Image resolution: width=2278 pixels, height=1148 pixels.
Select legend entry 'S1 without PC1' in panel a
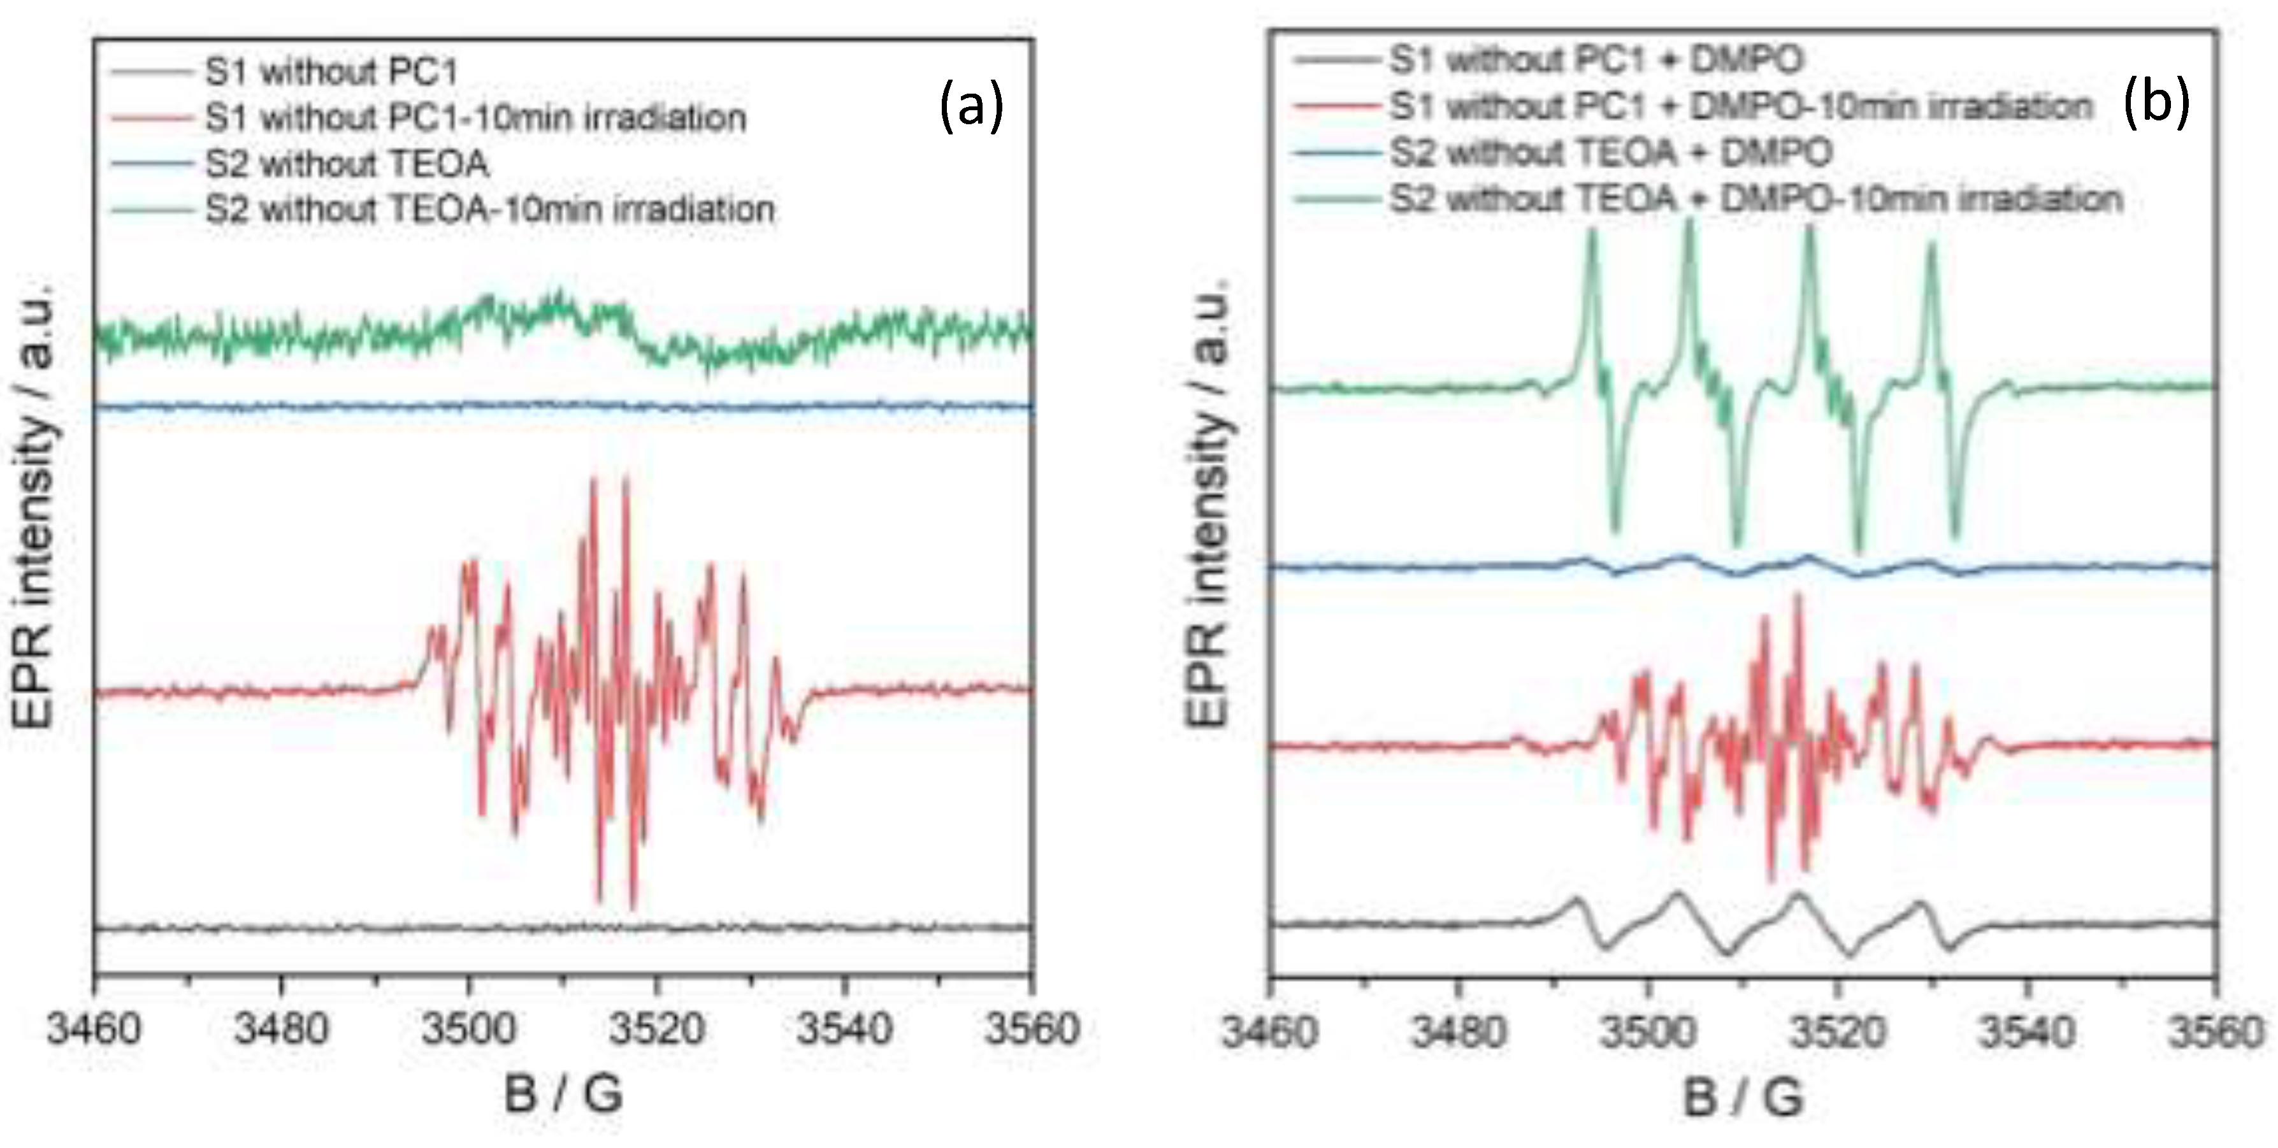point(331,71)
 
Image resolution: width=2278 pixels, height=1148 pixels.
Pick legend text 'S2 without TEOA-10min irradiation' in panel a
point(490,210)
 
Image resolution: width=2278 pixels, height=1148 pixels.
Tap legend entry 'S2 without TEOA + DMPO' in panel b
point(1610,153)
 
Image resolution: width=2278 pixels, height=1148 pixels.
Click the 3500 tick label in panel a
point(469,1029)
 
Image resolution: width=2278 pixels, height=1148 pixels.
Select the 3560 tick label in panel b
point(2214,1031)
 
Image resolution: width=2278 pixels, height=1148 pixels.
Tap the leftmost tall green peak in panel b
point(1592,232)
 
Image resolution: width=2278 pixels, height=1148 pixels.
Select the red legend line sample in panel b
point(1337,107)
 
